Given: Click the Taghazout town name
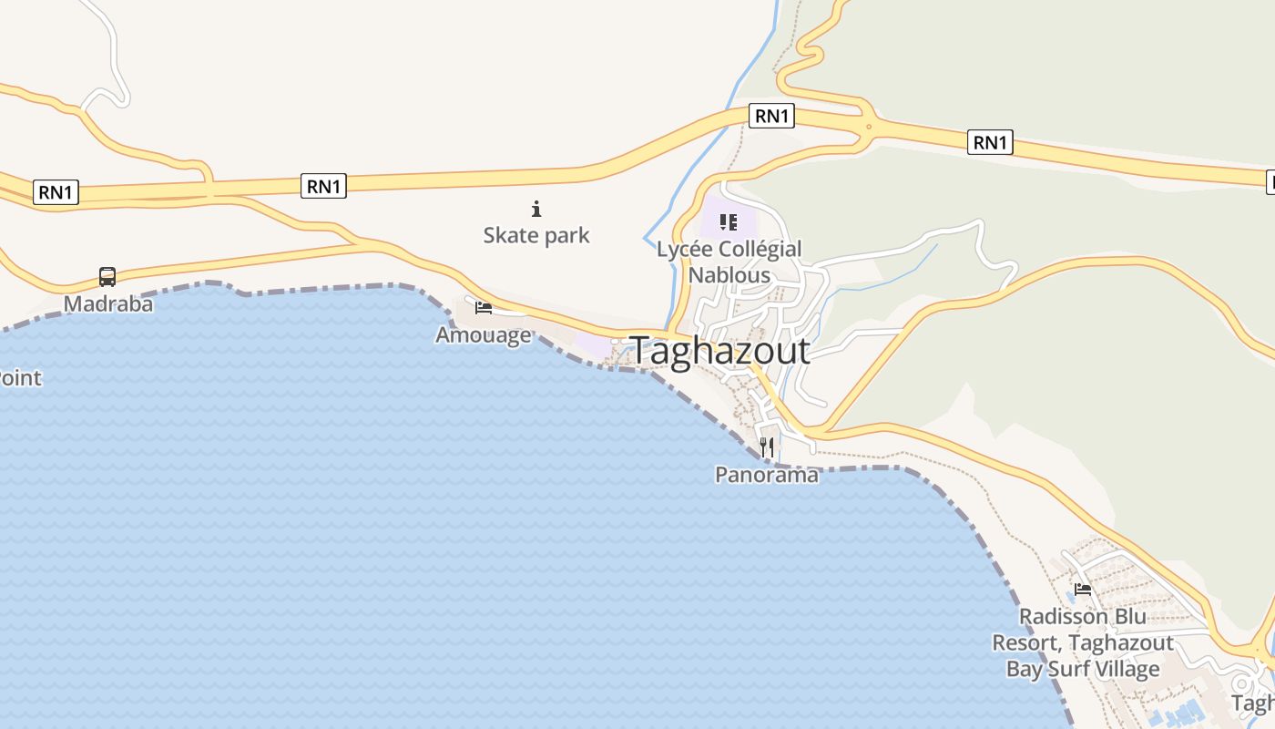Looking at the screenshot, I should (719, 351).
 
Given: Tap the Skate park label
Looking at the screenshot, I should (536, 235).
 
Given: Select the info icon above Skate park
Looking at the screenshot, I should (536, 209).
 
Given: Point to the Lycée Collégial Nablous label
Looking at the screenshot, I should (729, 262).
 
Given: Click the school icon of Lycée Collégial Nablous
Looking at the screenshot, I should (728, 221).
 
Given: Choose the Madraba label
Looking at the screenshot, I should (108, 303).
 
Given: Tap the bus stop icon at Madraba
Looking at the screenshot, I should (107, 276).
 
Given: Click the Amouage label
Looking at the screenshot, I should (484, 334).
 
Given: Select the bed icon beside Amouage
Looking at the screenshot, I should (484, 308).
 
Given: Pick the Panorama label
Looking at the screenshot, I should (767, 474).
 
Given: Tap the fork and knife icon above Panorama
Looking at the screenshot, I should (767, 447).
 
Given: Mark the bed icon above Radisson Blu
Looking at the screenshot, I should (1083, 590).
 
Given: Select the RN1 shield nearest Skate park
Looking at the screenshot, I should (324, 186).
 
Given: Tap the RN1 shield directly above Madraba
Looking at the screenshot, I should (56, 192).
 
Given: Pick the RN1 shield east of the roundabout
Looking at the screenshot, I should (990, 142).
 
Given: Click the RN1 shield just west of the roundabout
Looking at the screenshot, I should (771, 116).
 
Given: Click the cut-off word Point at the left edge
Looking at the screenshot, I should (20, 377).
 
